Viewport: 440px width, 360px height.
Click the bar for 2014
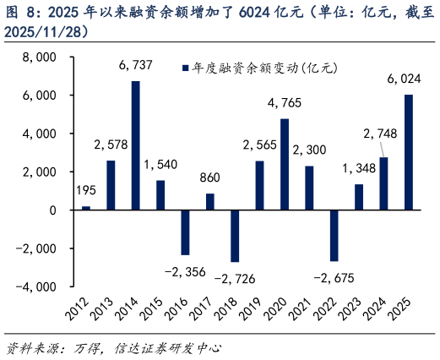point(135,145)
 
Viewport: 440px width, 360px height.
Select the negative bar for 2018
point(235,236)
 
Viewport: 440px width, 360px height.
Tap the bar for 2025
point(410,152)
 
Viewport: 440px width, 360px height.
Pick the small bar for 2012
point(85,208)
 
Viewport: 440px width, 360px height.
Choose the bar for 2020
point(285,164)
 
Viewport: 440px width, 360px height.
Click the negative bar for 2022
point(334,235)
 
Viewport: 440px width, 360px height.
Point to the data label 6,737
point(135,70)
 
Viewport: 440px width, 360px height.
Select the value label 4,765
point(285,104)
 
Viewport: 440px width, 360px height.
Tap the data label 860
point(210,178)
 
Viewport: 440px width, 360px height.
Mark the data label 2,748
point(379,134)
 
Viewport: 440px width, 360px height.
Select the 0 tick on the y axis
point(52,210)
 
